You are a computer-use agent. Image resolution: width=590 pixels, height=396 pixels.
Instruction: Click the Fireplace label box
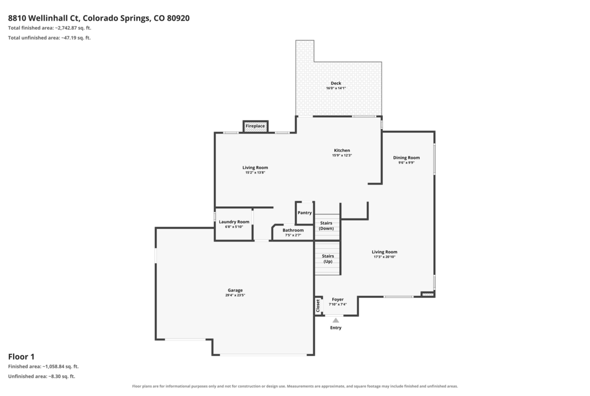[x=255, y=126]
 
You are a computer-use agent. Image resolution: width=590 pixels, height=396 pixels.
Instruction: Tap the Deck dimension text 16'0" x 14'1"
[x=336, y=88]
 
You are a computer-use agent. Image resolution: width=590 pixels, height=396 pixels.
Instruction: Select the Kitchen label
[x=342, y=150]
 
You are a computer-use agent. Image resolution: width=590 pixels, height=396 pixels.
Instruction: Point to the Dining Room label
[x=406, y=158]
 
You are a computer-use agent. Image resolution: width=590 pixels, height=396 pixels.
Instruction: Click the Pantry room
[x=305, y=213]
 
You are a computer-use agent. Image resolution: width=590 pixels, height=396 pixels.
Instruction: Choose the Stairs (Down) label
[x=326, y=225]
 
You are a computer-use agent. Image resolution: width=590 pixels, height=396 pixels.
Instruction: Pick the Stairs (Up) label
[x=328, y=259]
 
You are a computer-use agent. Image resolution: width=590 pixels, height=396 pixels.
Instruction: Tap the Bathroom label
[x=293, y=230]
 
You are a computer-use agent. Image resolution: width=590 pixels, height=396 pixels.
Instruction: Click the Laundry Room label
[x=234, y=222]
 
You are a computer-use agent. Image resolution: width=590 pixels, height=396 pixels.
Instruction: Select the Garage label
[x=235, y=290]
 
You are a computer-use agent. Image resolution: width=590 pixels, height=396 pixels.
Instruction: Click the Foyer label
[x=337, y=300]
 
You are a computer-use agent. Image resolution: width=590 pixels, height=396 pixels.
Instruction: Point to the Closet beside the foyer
[x=318, y=305]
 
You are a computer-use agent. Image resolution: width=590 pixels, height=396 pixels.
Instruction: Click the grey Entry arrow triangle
[x=336, y=320]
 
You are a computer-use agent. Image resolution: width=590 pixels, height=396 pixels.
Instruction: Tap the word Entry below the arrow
[x=336, y=328]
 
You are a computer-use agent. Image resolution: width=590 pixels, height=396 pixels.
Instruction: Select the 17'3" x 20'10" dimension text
[x=385, y=257]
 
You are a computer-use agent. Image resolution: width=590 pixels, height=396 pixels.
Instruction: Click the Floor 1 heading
[x=22, y=357]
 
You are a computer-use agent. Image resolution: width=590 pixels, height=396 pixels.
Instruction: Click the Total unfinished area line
[x=49, y=38]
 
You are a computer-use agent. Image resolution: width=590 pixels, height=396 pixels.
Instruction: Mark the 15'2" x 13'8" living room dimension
[x=255, y=173]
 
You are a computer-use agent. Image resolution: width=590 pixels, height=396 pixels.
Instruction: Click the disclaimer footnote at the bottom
[x=295, y=386]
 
